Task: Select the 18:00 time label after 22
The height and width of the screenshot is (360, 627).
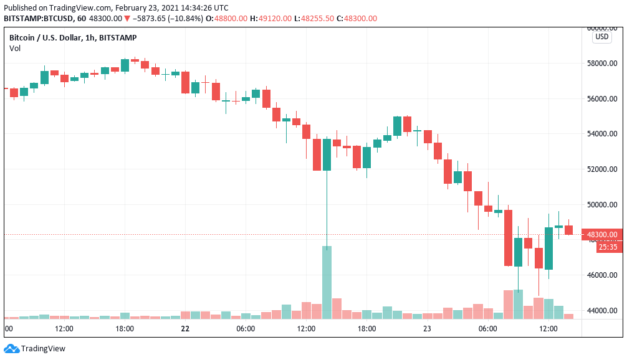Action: point(366,328)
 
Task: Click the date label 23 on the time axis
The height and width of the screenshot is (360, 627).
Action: point(427,328)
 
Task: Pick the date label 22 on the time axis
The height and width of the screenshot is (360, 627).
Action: point(184,328)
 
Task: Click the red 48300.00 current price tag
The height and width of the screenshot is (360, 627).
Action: point(601,235)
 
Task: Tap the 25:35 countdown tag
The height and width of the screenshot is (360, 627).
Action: point(607,247)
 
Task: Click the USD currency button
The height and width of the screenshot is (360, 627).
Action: point(601,37)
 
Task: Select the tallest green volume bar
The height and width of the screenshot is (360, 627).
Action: point(327,282)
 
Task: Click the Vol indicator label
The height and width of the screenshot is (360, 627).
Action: point(14,49)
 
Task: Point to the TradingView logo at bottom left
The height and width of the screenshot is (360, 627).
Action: point(35,349)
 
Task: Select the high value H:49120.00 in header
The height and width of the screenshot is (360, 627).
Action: point(270,19)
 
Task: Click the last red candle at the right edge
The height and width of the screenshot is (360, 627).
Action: point(568,230)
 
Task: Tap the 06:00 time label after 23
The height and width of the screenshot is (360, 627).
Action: point(487,328)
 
